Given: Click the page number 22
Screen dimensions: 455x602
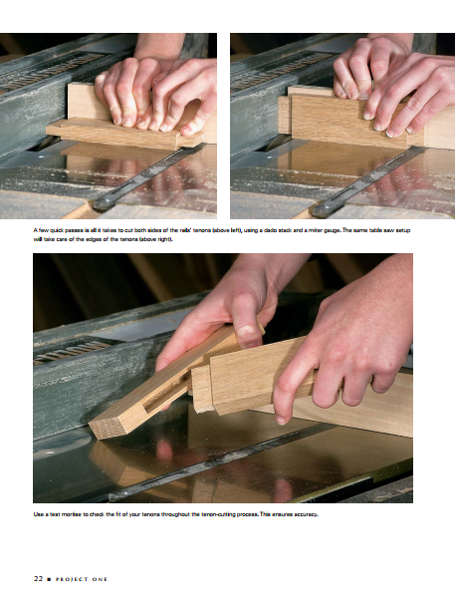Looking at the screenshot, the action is pos(38,579).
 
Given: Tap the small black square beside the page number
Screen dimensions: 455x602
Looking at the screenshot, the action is pos(49,579).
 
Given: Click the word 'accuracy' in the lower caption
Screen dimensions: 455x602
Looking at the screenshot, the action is pos(306,514).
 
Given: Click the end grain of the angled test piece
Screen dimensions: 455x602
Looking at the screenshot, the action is pos(108,428).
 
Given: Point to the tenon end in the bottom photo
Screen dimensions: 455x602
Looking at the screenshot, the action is pos(202,389).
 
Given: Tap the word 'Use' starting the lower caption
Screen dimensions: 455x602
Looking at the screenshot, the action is pos(38,514).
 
